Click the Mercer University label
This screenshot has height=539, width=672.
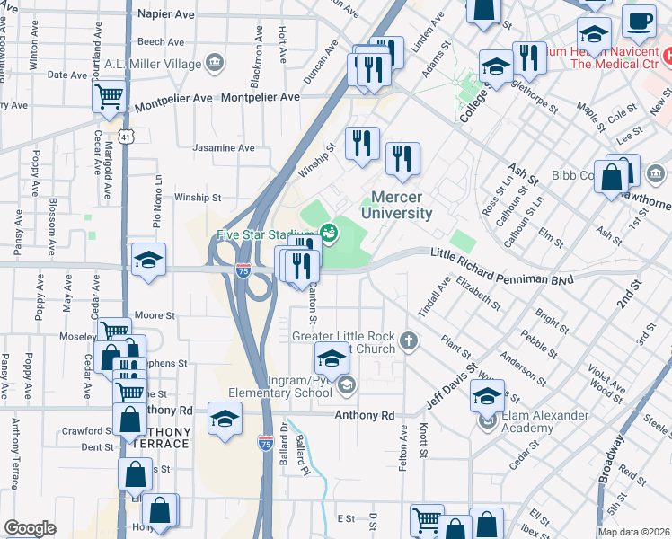396,205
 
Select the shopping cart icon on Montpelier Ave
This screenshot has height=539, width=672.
109,95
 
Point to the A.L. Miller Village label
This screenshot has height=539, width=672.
152,62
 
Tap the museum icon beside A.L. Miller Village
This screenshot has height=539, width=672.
214,62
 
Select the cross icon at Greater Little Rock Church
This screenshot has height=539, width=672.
409,340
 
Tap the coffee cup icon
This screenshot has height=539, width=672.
640,21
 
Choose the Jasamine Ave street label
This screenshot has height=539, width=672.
225,148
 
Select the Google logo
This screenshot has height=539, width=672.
30,528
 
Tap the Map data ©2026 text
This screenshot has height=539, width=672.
632,532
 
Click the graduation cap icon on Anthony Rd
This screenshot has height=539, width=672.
225,418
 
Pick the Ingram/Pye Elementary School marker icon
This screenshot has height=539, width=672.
347,385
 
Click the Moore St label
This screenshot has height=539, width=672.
155,316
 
